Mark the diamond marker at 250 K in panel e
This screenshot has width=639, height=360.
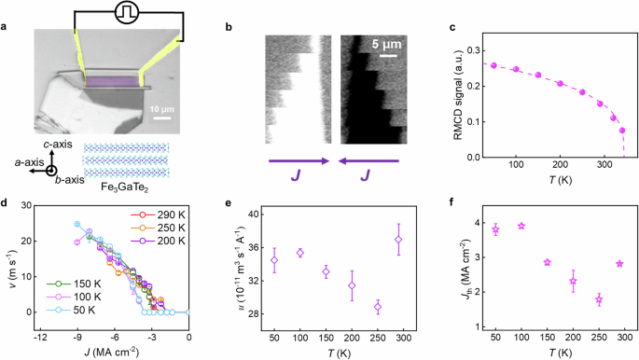click(x=378, y=307)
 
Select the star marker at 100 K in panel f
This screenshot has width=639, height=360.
click(x=521, y=226)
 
